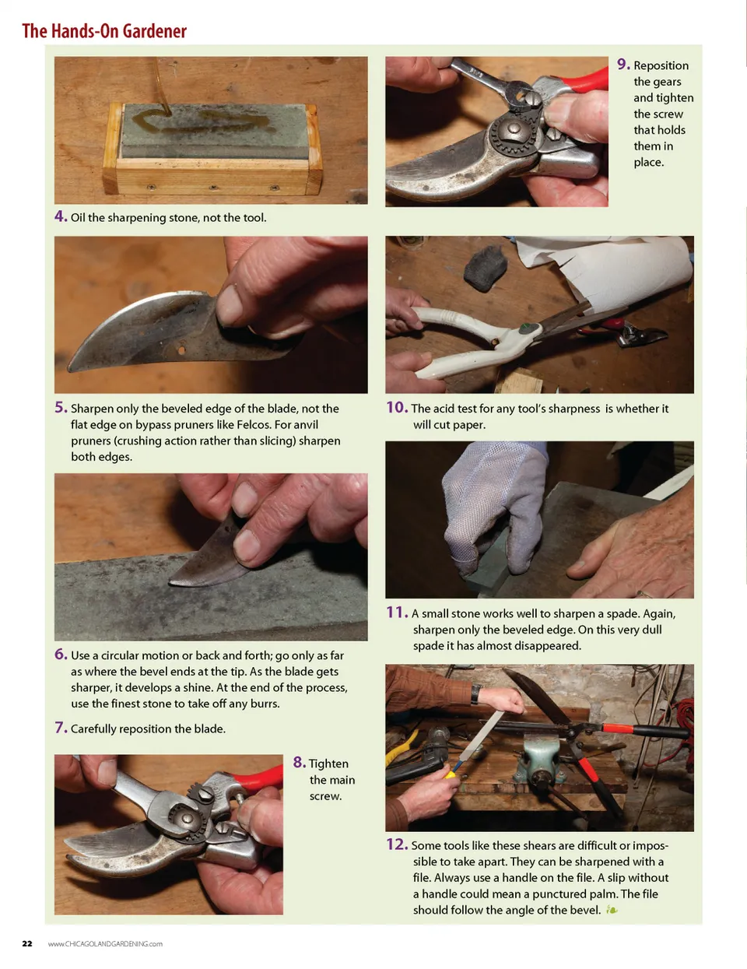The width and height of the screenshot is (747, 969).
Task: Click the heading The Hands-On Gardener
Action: [104, 31]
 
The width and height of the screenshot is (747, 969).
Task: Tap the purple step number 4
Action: [61, 216]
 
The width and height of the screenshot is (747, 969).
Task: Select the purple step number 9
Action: [623, 65]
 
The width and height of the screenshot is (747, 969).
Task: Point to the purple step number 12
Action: [397, 844]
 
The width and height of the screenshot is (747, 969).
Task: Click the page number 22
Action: [27, 943]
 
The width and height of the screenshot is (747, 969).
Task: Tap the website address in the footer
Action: [105, 943]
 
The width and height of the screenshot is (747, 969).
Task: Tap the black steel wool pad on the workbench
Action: [485, 268]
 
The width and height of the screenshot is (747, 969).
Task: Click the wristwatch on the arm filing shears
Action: [475, 693]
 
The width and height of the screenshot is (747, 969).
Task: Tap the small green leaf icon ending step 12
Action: [612, 910]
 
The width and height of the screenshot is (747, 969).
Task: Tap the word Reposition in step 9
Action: [661, 65]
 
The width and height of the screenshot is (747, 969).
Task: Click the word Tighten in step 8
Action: [328, 764]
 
